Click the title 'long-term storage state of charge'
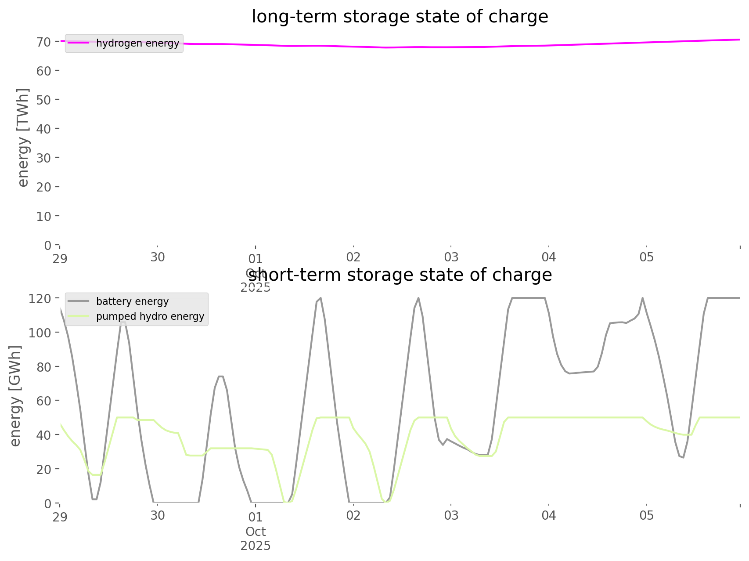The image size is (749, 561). tap(400, 17)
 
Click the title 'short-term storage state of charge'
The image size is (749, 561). tap(400, 275)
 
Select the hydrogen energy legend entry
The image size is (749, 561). tap(137, 43)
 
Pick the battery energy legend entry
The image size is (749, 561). tap(132, 301)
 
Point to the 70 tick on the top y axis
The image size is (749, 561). tap(44, 42)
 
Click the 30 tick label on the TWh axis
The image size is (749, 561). tap(44, 158)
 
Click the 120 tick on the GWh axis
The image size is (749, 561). tap(40, 299)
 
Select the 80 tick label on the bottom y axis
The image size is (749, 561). tap(44, 367)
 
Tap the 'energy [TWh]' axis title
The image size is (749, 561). tap(23, 137)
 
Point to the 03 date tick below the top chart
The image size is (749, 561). tap(451, 257)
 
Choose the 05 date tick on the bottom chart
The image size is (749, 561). tap(646, 515)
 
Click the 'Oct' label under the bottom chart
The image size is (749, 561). tap(256, 532)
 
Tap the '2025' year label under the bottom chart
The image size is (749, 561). tap(256, 546)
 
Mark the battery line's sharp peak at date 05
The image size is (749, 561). tap(643, 298)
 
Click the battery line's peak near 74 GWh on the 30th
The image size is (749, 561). tap(221, 376)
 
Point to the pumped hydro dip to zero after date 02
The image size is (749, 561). tap(387, 501)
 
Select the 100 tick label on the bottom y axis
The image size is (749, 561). tap(40, 333)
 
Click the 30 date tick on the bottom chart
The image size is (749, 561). tap(158, 515)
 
